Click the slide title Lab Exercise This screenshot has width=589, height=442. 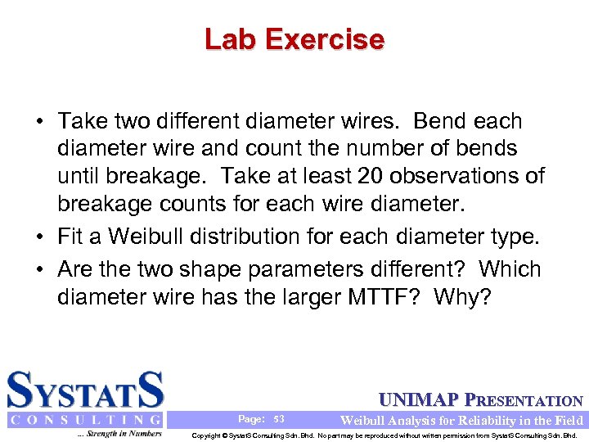[x=294, y=39]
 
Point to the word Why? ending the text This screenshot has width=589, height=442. [x=463, y=296]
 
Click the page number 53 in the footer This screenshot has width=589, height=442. [x=279, y=418]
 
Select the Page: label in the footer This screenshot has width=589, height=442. [x=252, y=418]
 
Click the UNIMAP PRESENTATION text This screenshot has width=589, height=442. [x=481, y=401]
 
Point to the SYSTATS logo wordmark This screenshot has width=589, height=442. [x=85, y=390]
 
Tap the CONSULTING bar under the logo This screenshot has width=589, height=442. [x=85, y=420]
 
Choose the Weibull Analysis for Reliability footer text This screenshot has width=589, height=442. [x=461, y=420]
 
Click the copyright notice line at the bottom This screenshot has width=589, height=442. [x=384, y=435]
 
